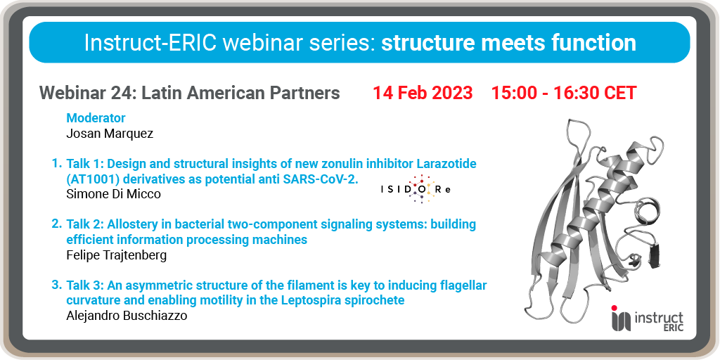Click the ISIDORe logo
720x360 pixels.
416,189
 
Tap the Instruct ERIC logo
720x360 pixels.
647,318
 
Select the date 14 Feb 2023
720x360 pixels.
423,93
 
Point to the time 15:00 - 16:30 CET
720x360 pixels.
564,93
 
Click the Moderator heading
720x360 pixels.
96,118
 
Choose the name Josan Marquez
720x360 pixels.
110,134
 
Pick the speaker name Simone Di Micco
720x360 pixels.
114,194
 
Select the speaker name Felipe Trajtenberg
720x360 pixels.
117,255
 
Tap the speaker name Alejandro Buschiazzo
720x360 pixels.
127,316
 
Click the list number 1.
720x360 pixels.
56,163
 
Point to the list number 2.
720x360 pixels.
56,224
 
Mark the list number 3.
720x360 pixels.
56,285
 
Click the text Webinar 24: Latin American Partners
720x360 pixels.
190,93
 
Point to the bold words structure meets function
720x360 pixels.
509,43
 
